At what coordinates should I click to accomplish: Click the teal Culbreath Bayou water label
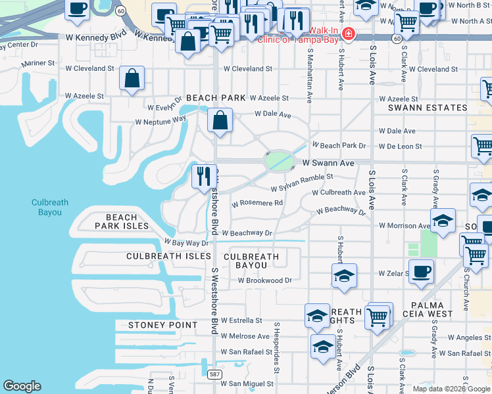pos(50,208)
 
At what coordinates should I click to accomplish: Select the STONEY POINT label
pos(162,325)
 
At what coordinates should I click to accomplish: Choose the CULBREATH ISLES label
pos(160,256)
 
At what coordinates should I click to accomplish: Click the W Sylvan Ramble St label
pos(302,183)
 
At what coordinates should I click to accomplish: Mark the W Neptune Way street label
pos(160,121)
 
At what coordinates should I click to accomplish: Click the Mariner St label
pos(37,64)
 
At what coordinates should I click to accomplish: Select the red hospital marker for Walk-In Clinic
pos(347,33)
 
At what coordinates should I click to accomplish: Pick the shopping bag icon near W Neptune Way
pos(220,120)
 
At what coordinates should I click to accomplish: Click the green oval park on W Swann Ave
pos(280,160)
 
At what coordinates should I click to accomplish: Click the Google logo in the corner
pos(22,386)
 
